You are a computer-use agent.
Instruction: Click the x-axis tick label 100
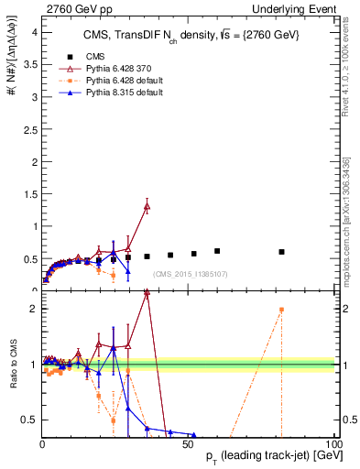[334, 442]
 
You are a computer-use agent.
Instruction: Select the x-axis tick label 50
[188, 442]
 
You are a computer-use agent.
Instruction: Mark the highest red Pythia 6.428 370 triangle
[147, 207]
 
